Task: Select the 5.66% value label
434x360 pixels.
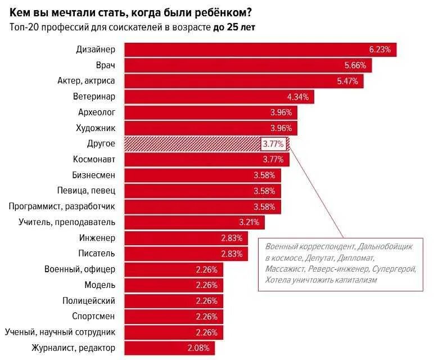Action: [355, 65]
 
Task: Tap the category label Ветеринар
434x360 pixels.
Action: [94, 96]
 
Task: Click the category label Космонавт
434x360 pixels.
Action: [94, 159]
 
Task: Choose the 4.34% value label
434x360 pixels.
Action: [297, 97]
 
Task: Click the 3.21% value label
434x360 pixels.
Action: [249, 222]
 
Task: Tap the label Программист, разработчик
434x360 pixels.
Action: [62, 206]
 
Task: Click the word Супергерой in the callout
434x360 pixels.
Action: [394, 269]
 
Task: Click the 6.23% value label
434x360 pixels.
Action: [379, 49]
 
